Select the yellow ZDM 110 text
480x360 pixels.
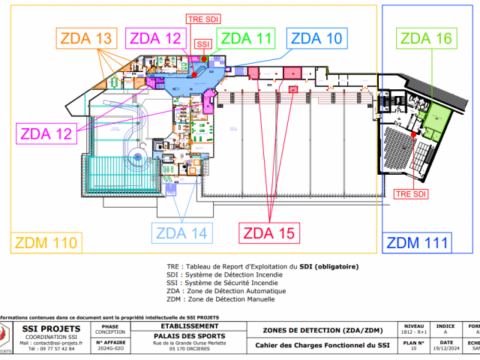[x=44, y=242]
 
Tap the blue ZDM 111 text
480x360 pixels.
[x=418, y=242]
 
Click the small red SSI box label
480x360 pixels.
[x=202, y=45]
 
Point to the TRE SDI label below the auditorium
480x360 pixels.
[x=412, y=193]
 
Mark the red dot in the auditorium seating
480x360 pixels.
[x=413, y=134]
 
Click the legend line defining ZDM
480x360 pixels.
[x=220, y=299]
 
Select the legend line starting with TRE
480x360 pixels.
[x=262, y=266]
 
